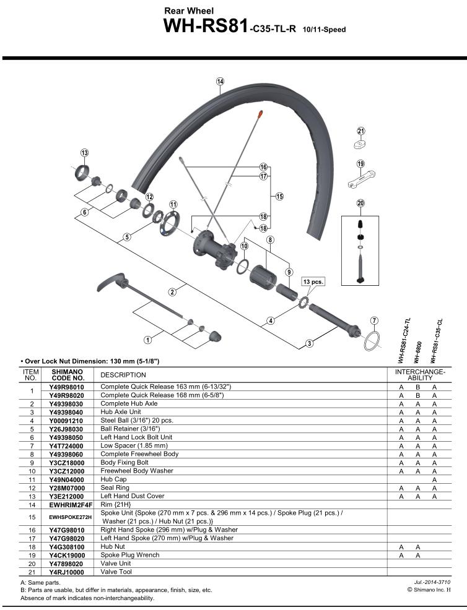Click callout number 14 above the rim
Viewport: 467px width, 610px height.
coord(220,81)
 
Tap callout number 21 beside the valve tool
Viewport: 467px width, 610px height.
coord(361,131)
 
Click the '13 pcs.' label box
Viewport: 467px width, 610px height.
coord(313,281)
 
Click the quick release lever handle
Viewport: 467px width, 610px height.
coord(111,286)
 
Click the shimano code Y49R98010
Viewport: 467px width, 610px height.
coord(66,387)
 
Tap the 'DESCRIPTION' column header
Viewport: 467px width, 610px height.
coord(123,375)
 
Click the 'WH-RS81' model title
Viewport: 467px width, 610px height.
coord(206,27)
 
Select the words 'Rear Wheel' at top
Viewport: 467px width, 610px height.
coord(189,11)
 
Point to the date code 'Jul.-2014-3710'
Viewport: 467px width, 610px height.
coord(432,582)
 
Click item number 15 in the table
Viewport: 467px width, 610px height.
coord(31,517)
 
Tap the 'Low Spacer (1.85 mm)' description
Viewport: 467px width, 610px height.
coord(134,445)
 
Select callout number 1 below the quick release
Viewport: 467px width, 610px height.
coord(147,339)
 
